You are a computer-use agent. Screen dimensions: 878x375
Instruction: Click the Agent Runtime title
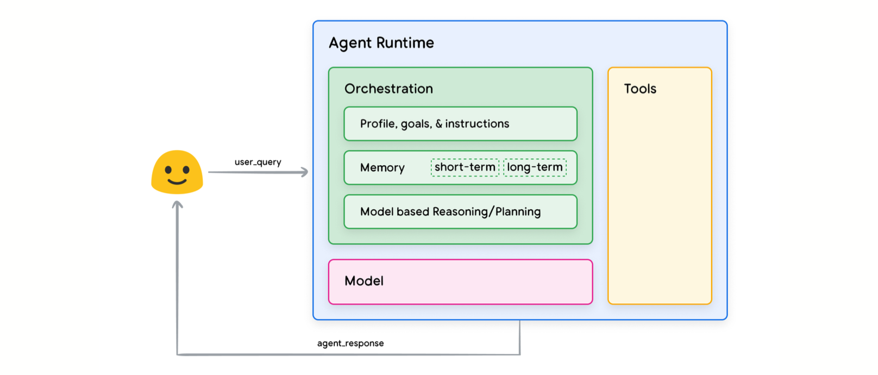point(381,43)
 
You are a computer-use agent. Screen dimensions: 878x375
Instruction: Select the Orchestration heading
point(388,89)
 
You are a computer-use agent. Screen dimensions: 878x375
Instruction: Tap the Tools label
point(640,89)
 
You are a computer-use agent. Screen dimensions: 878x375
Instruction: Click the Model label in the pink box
point(363,281)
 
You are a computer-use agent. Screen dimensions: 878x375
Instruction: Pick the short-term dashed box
point(465,167)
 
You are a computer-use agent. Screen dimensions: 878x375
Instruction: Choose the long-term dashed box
point(535,167)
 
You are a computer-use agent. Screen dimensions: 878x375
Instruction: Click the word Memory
point(382,168)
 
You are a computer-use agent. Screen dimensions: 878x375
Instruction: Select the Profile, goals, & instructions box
point(461,123)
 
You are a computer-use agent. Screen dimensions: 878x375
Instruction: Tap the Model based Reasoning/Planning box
point(461,212)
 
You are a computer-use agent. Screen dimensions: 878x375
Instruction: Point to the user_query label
point(258,162)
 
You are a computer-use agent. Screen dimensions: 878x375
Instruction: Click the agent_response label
point(350,343)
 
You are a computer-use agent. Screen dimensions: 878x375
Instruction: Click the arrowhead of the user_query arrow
point(304,172)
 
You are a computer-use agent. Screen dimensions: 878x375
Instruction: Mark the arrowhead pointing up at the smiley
point(177,204)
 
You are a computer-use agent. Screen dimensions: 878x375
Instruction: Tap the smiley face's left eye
point(168,170)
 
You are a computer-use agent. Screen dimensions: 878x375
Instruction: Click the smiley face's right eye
point(186,170)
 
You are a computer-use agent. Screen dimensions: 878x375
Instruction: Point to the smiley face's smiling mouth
point(177,181)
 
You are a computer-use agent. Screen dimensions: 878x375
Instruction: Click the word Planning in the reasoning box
point(518,212)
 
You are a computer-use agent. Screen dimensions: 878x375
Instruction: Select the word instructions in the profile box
point(477,124)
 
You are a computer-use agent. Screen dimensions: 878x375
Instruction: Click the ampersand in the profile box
point(438,124)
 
